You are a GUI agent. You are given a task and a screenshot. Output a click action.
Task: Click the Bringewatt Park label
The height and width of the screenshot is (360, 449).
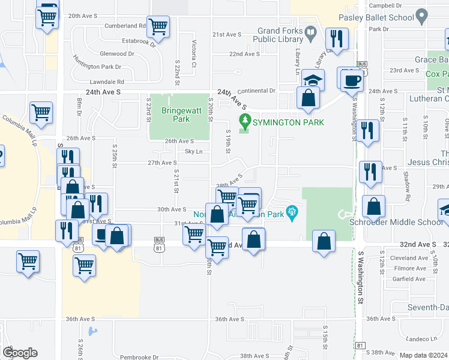click(175, 115)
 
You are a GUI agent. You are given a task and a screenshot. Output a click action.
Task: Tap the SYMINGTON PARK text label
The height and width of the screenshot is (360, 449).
click(288, 122)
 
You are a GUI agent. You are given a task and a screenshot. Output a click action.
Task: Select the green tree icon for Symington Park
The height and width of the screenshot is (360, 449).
click(244, 120)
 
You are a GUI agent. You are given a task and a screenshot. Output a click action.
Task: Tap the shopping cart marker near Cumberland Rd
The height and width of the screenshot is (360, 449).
click(158, 26)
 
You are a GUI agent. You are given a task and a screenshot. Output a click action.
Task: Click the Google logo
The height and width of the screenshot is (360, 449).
click(20, 352)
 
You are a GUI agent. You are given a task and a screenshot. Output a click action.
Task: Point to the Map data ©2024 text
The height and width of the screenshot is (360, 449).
click(423, 355)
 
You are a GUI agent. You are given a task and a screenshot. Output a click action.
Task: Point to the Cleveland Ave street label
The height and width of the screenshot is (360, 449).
click(407, 257)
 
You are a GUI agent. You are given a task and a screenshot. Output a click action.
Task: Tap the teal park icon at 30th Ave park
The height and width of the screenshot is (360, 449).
click(292, 211)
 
